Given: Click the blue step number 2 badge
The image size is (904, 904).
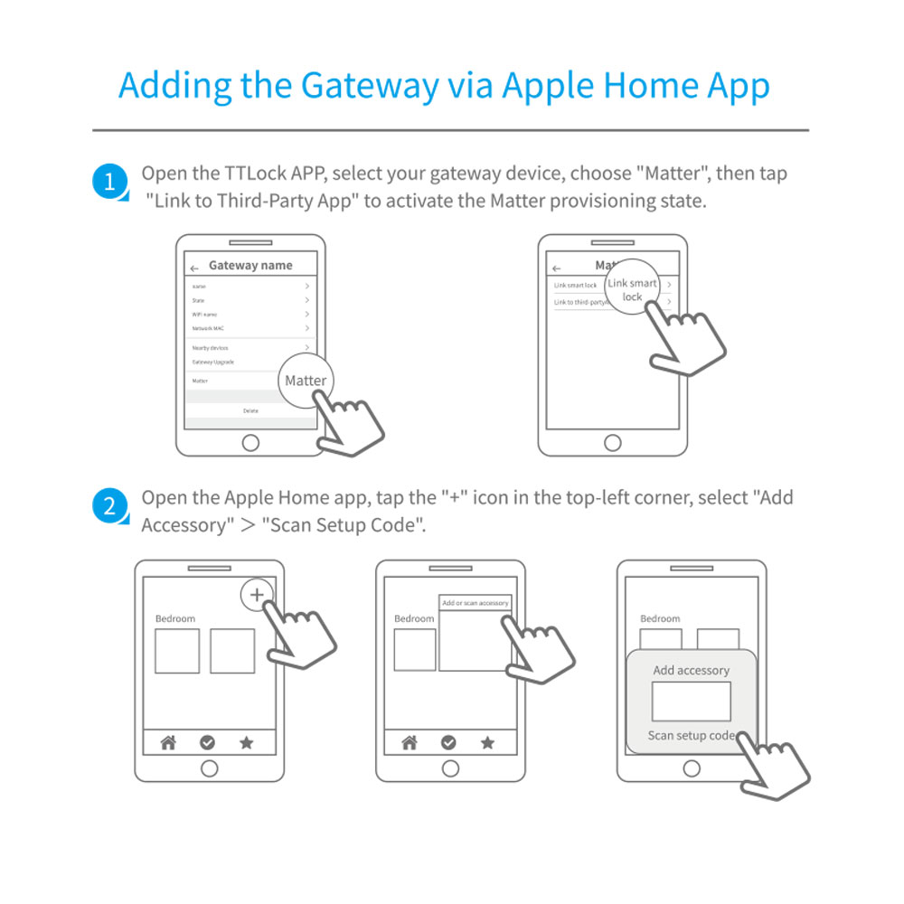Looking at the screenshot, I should click(x=109, y=506).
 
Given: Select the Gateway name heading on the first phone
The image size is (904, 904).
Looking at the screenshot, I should click(x=250, y=266).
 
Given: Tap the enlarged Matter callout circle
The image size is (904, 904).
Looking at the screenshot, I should click(x=306, y=381).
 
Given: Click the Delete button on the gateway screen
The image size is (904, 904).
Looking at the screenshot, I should click(x=250, y=410).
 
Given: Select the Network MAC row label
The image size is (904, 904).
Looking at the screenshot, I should click(x=208, y=328).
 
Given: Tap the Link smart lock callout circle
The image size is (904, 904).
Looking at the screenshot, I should click(x=632, y=289).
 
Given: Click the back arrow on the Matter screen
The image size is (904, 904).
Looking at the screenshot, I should click(x=557, y=268).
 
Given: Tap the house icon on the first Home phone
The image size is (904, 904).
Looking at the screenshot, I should click(x=168, y=742).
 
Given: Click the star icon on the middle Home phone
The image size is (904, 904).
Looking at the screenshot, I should click(x=487, y=742).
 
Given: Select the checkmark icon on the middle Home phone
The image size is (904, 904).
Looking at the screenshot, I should click(x=448, y=742).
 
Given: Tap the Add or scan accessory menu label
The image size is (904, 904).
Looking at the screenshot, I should click(x=476, y=603).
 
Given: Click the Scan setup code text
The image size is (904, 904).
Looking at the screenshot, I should click(x=691, y=735).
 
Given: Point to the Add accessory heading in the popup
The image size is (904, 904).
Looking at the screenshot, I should click(x=691, y=671).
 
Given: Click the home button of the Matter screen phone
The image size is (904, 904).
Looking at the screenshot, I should click(x=613, y=442).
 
